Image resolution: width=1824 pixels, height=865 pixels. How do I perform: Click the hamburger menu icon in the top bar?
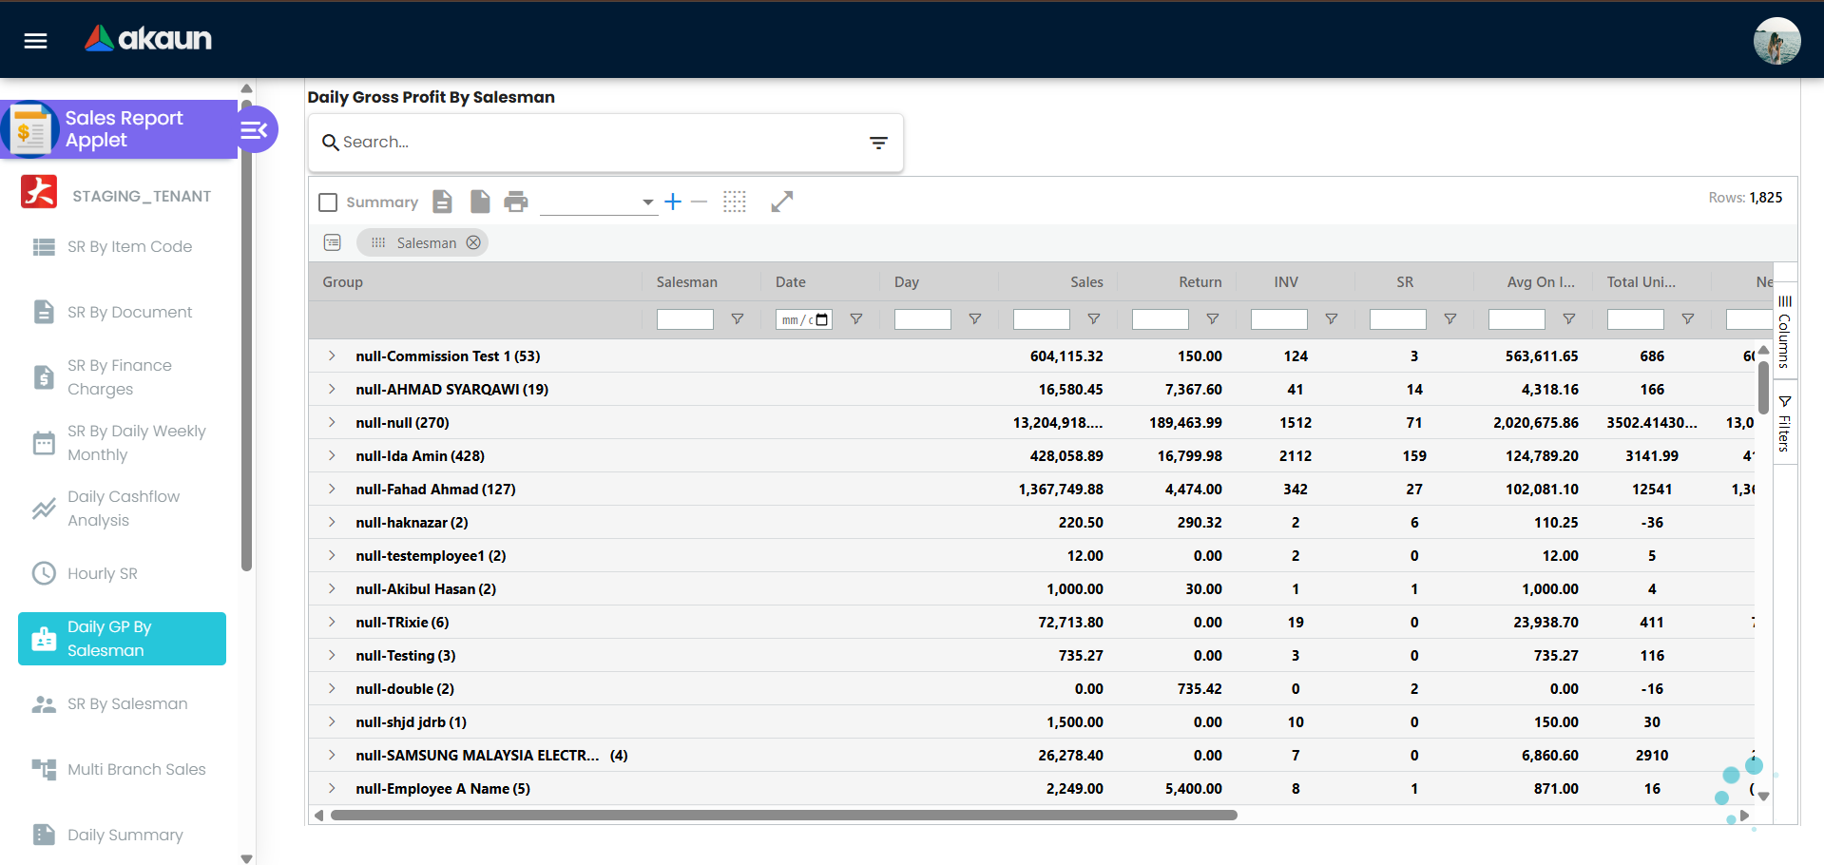tap(36, 40)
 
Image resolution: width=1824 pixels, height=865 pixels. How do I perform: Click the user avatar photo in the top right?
tap(1776, 41)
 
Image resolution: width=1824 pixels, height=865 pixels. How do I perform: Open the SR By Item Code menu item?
tap(129, 247)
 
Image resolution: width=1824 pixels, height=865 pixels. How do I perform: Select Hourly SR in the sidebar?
tap(102, 574)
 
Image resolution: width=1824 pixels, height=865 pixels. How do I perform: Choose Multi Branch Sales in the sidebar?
tap(136, 770)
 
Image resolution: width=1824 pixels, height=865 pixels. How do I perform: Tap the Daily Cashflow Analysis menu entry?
tap(123, 509)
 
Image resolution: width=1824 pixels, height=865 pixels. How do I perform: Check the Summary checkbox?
tap(328, 202)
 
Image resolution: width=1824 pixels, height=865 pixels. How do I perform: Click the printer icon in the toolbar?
tap(516, 202)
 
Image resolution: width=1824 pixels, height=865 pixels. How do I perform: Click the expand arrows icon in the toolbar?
tap(781, 202)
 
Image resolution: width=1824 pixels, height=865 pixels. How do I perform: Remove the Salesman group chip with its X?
tap(473, 243)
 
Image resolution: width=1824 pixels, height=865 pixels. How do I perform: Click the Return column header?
tap(1200, 282)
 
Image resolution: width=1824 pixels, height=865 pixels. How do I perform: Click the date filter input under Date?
tap(803, 320)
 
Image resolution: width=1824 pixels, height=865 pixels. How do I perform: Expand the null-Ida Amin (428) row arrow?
tap(332, 456)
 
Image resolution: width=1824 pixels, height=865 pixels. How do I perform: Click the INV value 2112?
tap(1295, 456)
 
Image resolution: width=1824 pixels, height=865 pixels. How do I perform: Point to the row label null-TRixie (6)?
tap(402, 623)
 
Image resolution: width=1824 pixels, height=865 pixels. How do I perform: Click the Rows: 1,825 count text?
tap(1745, 198)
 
